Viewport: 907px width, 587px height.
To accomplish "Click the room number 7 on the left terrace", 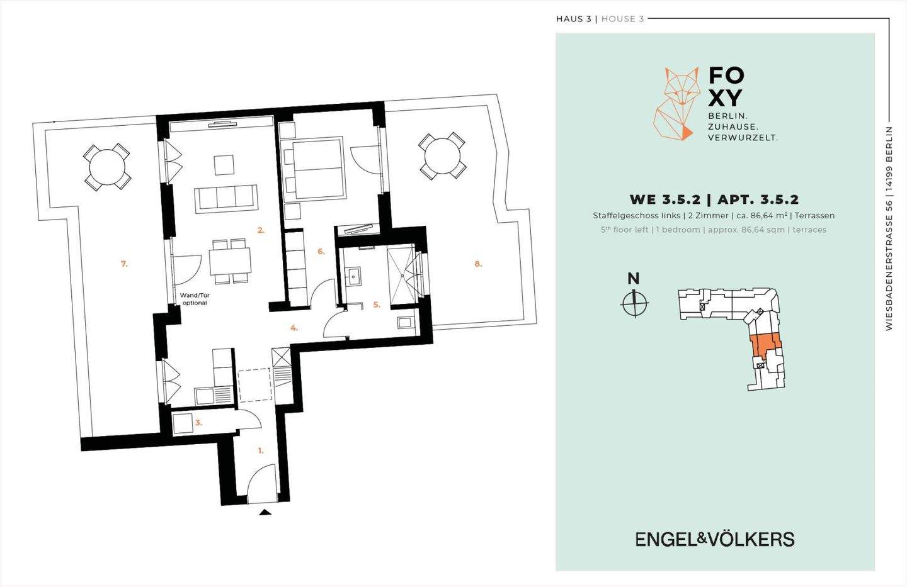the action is tap(124, 264).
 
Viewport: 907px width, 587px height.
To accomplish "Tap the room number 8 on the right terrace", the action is tap(478, 264).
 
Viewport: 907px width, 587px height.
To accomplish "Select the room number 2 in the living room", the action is tap(261, 230).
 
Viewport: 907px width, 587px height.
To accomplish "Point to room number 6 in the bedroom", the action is tap(321, 252).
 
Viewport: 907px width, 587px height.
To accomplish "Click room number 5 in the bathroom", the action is tap(377, 305).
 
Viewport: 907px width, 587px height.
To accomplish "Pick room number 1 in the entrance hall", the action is tap(261, 450).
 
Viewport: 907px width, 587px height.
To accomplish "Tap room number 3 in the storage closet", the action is tap(198, 423).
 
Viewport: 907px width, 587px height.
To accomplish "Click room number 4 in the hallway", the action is tap(294, 328).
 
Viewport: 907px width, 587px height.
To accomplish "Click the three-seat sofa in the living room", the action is tap(226, 199).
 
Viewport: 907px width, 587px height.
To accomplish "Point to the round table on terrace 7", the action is tap(106, 166).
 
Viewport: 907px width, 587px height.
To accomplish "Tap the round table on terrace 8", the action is tap(442, 156).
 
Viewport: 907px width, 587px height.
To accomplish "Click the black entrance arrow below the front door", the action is tap(265, 512).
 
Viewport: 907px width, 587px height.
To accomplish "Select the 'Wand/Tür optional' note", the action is tap(195, 299).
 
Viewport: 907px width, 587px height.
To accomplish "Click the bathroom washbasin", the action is tap(353, 276).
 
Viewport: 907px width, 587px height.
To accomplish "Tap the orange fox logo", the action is tap(676, 104).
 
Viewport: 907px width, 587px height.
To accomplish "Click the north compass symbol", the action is tap(634, 302).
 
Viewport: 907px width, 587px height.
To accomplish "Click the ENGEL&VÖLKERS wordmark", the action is tap(715, 539).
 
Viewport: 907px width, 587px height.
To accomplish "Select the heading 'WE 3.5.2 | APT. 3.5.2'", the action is tap(714, 199).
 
